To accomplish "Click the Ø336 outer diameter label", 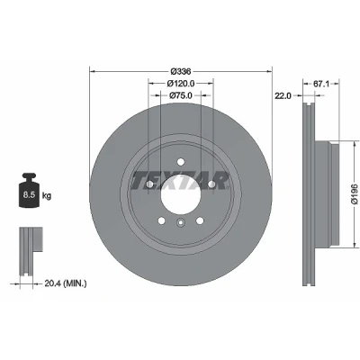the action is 181,71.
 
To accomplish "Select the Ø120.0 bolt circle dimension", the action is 181,83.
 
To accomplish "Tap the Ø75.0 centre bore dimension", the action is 181,95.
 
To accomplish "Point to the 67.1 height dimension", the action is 321,84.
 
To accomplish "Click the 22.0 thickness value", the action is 283,95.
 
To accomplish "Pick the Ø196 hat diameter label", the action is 355,194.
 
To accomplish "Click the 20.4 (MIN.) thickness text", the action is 66,283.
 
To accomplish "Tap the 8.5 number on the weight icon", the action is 29,195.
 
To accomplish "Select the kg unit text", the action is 47,196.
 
